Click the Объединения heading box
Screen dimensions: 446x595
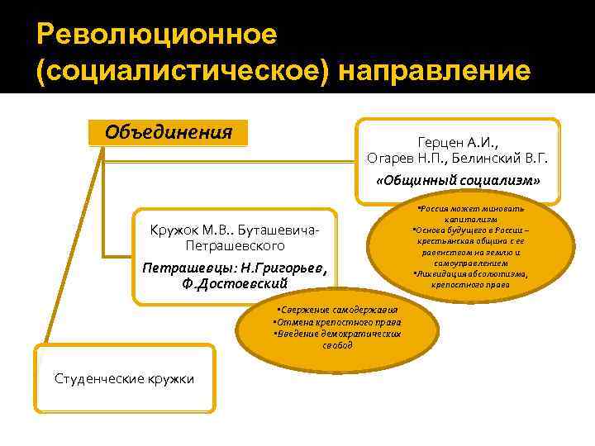(x=169, y=132)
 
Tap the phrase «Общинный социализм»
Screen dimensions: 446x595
(x=457, y=180)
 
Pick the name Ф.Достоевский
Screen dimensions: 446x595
(x=236, y=283)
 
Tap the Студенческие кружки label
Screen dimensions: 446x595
(x=125, y=378)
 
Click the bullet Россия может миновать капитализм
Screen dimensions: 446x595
(x=470, y=215)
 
